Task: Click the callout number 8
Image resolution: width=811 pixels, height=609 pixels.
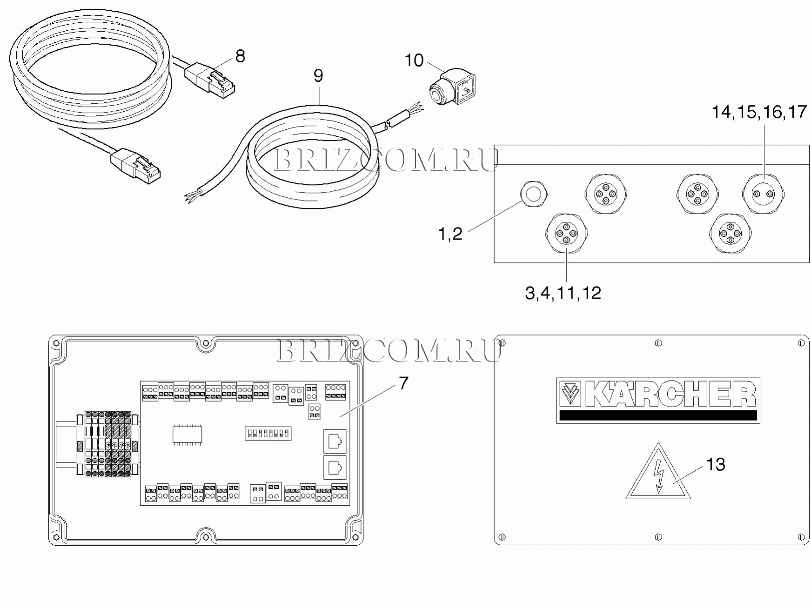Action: coord(240,56)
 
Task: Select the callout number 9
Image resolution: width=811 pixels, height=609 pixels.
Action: coord(318,75)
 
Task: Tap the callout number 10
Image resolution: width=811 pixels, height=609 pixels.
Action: coord(414,60)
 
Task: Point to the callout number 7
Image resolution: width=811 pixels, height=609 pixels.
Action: coord(403,383)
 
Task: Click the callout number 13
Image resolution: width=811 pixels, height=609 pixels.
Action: coord(716,464)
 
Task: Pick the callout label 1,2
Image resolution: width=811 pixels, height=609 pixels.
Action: coord(450,234)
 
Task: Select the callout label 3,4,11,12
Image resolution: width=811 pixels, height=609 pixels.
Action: coord(563,293)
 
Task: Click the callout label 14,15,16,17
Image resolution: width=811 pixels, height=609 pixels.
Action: coord(759,112)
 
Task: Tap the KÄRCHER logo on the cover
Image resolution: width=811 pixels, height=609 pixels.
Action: coord(658,400)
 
